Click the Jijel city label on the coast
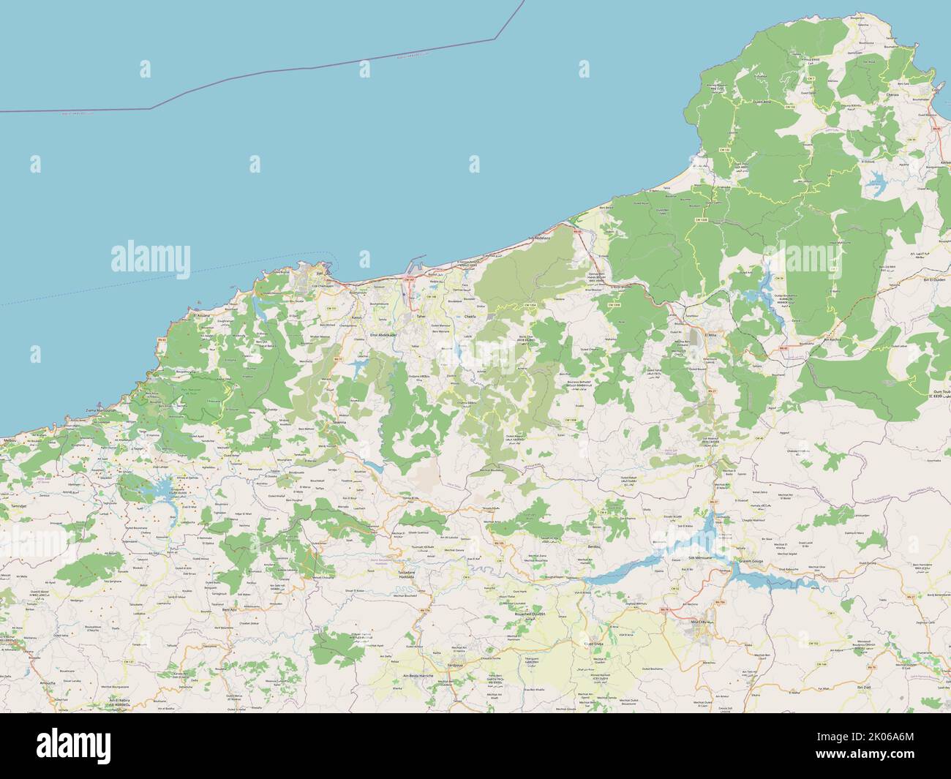point(320,274)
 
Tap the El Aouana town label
point(200,315)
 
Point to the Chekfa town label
point(470,316)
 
